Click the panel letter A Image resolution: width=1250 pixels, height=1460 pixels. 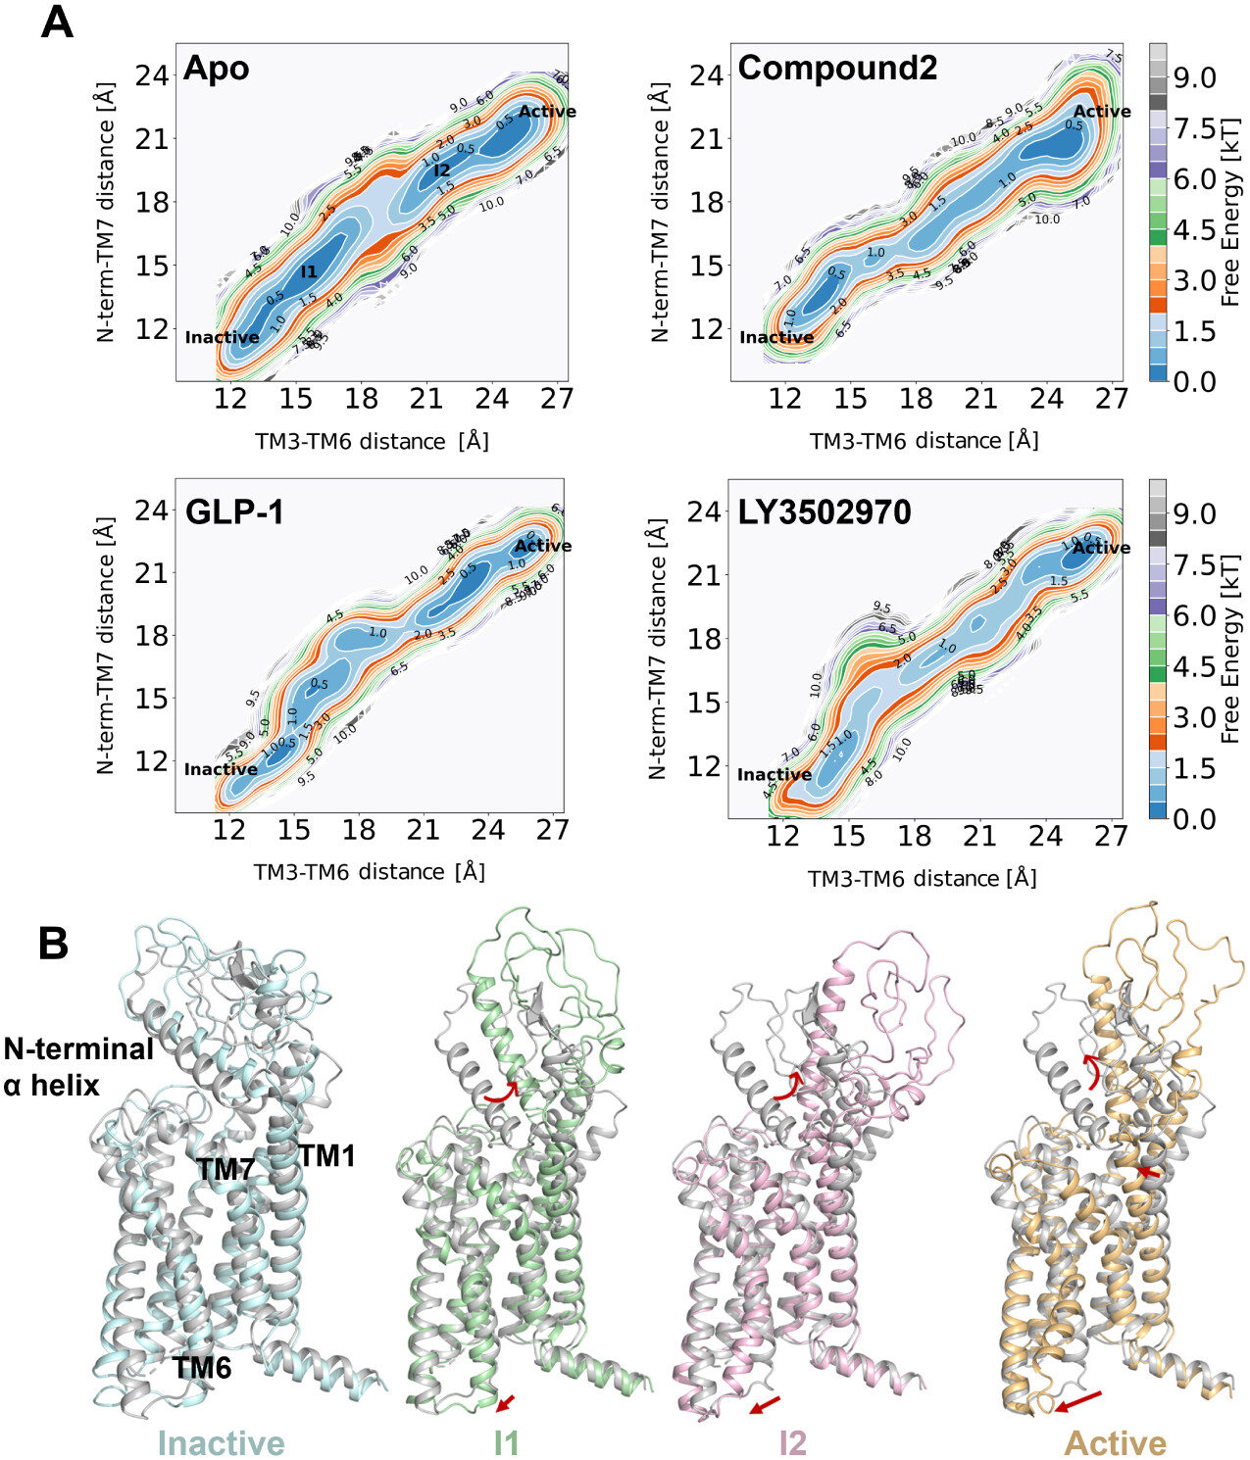(57, 22)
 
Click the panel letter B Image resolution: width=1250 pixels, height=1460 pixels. (53, 944)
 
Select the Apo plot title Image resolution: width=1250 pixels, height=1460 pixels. (217, 69)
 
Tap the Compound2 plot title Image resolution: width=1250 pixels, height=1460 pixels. (837, 69)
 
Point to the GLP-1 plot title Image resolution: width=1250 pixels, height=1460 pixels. (234, 512)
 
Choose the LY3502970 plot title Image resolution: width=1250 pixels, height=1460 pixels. (825, 512)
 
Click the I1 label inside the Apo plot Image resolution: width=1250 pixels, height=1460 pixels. (309, 271)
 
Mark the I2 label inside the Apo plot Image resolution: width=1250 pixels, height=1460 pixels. (442, 170)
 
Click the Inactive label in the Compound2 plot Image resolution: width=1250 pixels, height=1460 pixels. (776, 338)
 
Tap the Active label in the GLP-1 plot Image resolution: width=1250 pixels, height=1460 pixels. (543, 546)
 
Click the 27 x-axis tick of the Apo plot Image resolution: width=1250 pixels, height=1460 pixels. (556, 399)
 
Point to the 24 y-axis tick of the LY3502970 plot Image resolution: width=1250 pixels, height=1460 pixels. (705, 511)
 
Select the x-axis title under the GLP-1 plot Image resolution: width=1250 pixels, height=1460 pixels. (370, 872)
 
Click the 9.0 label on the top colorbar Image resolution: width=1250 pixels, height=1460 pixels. (1194, 78)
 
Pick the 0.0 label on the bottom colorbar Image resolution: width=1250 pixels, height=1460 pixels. (1194, 819)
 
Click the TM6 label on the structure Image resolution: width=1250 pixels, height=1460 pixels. (202, 1367)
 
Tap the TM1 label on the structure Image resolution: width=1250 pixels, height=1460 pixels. (326, 1156)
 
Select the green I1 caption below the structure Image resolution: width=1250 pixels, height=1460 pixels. (506, 1443)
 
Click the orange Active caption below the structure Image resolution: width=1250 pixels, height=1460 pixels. (1116, 1443)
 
